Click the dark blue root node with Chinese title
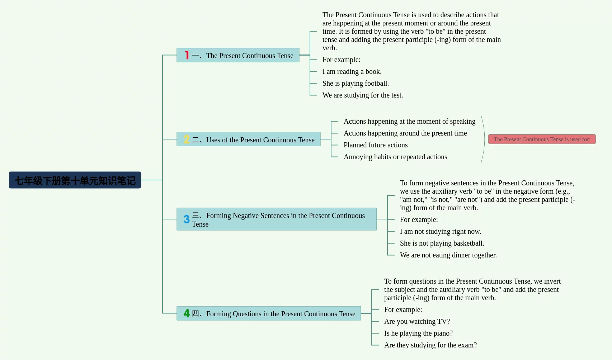coord(75,180)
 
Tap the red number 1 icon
coord(187,55)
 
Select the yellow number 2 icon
coord(187,139)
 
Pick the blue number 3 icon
coord(187,219)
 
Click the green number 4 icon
coord(187,313)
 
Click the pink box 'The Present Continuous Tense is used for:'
coord(542,139)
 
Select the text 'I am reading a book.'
coord(352,72)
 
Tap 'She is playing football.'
coord(356,83)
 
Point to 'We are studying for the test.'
coord(363,95)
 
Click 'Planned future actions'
coord(376,145)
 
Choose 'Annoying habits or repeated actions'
coord(395,157)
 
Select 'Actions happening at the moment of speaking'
coord(410,121)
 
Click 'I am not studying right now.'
coord(441,231)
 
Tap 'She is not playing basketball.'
coord(442,243)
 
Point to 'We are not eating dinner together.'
coord(448,255)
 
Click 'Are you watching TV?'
coord(417,322)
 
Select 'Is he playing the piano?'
coord(418,333)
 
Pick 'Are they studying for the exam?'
coord(430,345)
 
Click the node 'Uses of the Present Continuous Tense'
coord(249,139)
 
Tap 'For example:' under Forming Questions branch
coord(403,309)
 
